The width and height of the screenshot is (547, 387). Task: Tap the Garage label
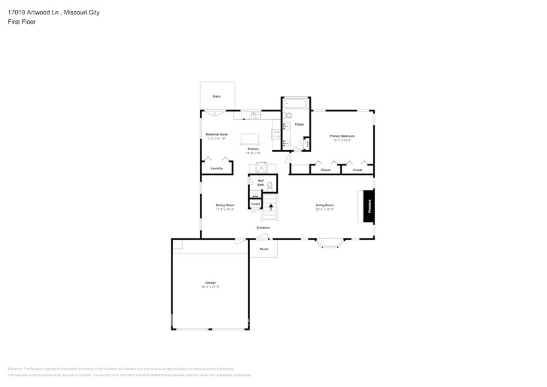coord(210,282)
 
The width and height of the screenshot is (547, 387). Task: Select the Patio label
coord(217,97)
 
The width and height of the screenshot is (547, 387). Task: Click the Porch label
coord(264,249)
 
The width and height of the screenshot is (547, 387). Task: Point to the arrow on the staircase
coord(271,207)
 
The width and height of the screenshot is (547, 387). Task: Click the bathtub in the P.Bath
coord(296,104)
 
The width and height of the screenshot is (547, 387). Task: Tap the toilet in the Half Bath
coord(269,186)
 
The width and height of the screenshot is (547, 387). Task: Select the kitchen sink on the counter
coord(255,116)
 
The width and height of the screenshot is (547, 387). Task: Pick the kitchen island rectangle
coord(250,139)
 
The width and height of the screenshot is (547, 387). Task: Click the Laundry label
coord(217,168)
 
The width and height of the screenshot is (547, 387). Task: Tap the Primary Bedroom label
coord(342,136)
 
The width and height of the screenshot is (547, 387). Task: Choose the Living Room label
coord(325,205)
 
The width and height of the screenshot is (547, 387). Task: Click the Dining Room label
coord(224,205)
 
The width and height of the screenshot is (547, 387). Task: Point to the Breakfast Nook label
coord(217,134)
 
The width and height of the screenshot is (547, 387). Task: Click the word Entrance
coord(263,228)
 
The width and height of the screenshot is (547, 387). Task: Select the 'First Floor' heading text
coord(22,22)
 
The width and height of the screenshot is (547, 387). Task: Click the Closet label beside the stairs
coord(255,205)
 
